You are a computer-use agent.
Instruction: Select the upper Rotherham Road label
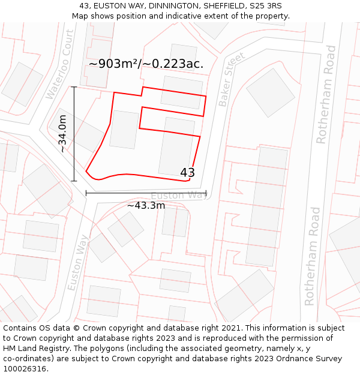click(x=325, y=94)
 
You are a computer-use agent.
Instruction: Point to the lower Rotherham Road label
click(x=311, y=256)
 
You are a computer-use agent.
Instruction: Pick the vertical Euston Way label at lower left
click(x=78, y=262)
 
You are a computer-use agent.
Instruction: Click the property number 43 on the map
click(x=187, y=173)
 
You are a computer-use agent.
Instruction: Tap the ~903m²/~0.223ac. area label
click(x=146, y=64)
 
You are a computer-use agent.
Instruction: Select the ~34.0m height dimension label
click(x=62, y=134)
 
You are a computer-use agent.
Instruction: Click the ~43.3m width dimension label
click(x=146, y=205)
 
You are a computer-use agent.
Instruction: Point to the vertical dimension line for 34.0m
click(x=74, y=134)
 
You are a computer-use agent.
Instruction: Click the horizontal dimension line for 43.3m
click(x=146, y=193)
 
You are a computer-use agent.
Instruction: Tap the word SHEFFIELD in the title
click(x=218, y=6)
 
